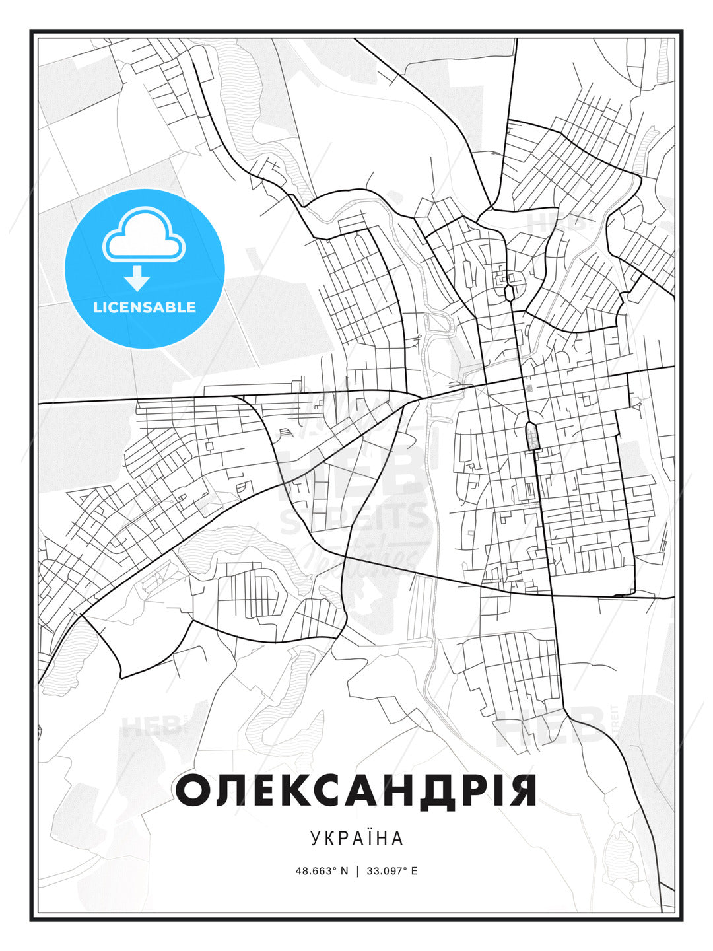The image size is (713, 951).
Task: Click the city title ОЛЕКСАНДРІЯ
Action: pyautogui.click(x=356, y=791)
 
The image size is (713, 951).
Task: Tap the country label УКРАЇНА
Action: pyautogui.click(x=356, y=838)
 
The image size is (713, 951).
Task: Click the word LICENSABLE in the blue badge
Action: pyautogui.click(x=145, y=307)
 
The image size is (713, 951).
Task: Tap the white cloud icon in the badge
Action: pyautogui.click(x=143, y=234)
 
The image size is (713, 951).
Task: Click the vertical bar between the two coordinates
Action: pyautogui.click(x=357, y=870)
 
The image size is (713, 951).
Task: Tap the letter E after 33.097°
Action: pyautogui.click(x=414, y=870)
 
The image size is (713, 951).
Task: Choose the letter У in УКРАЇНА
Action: pyautogui.click(x=316, y=838)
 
